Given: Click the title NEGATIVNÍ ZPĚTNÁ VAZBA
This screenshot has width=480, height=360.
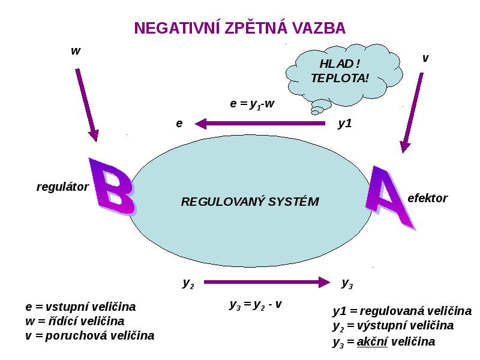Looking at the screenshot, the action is click(239, 28).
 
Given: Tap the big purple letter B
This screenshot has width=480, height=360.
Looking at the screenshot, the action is click(112, 186).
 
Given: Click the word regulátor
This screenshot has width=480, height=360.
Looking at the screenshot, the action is click(62, 187).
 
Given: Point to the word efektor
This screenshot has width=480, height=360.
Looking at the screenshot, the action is click(427, 198).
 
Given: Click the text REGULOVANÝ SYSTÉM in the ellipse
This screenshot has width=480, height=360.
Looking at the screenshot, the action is click(250, 202).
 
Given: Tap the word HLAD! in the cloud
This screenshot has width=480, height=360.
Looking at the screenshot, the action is click(340, 64).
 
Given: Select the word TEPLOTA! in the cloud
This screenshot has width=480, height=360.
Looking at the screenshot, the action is click(340, 78).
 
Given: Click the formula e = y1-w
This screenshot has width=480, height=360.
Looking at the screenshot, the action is click(251, 104).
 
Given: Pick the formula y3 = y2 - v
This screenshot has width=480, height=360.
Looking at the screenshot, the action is click(256, 305).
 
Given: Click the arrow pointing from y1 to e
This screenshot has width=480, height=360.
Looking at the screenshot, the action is click(260, 124).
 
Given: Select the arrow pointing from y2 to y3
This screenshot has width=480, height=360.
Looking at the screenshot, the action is click(267, 282).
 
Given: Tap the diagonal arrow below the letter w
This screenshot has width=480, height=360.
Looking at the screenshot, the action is click(87, 105).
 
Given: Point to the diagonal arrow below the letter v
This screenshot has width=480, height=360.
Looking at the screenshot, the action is click(412, 113).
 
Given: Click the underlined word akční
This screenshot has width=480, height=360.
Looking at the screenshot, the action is click(372, 341).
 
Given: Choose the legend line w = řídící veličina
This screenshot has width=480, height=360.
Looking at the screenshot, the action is click(75, 321).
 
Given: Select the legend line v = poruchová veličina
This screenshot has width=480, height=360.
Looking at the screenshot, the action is click(89, 335).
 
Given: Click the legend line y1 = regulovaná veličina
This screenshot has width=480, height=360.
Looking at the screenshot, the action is click(402, 311).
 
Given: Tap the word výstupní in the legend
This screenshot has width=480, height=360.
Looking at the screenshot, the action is click(377, 325).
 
